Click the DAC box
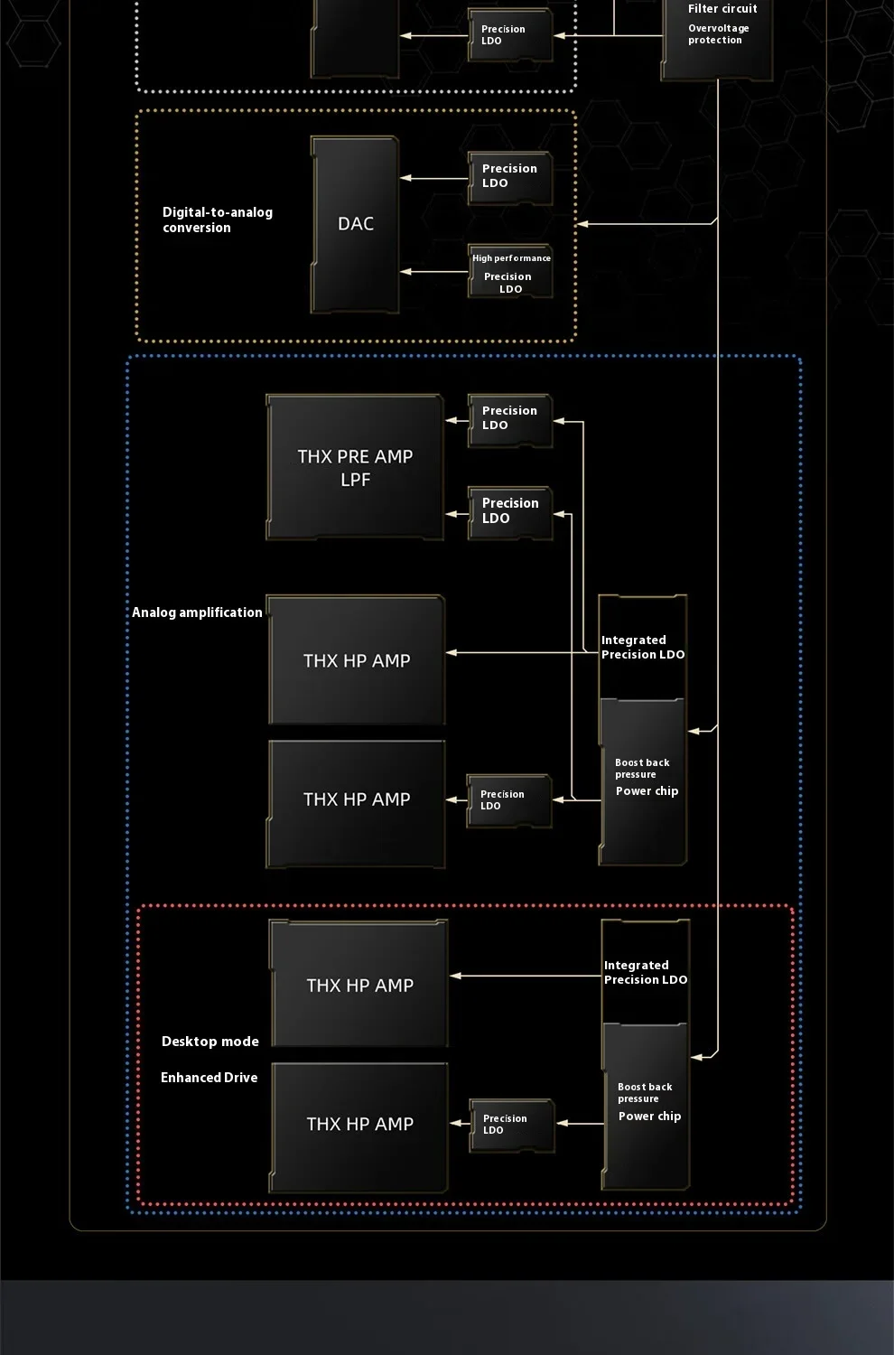pyautogui.click(x=355, y=224)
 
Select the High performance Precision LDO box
pyautogui.click(x=510, y=271)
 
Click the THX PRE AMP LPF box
pyautogui.click(x=355, y=467)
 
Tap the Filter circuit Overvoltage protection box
pyautogui.click(x=717, y=36)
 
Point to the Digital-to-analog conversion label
pyautogui.click(x=218, y=220)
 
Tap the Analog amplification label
pyautogui.click(x=197, y=612)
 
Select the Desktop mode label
pyautogui.click(x=210, y=1041)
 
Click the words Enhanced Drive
pyautogui.click(x=210, y=1078)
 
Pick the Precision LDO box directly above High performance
pyautogui.click(x=510, y=178)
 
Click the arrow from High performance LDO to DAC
pyautogui.click(x=433, y=272)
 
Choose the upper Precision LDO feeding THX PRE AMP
pyautogui.click(x=510, y=420)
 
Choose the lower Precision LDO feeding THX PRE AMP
pyautogui.click(x=510, y=513)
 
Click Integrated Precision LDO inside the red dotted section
pyautogui.click(x=646, y=972)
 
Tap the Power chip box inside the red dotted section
pyautogui.click(x=646, y=1107)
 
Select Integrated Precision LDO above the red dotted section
pyautogui.click(x=642, y=648)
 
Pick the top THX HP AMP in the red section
pyautogui.click(x=359, y=984)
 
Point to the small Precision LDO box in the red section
pyautogui.click(x=512, y=1126)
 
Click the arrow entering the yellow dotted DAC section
pyautogui.click(x=647, y=223)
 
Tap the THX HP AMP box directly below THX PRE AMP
pyautogui.click(x=357, y=660)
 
